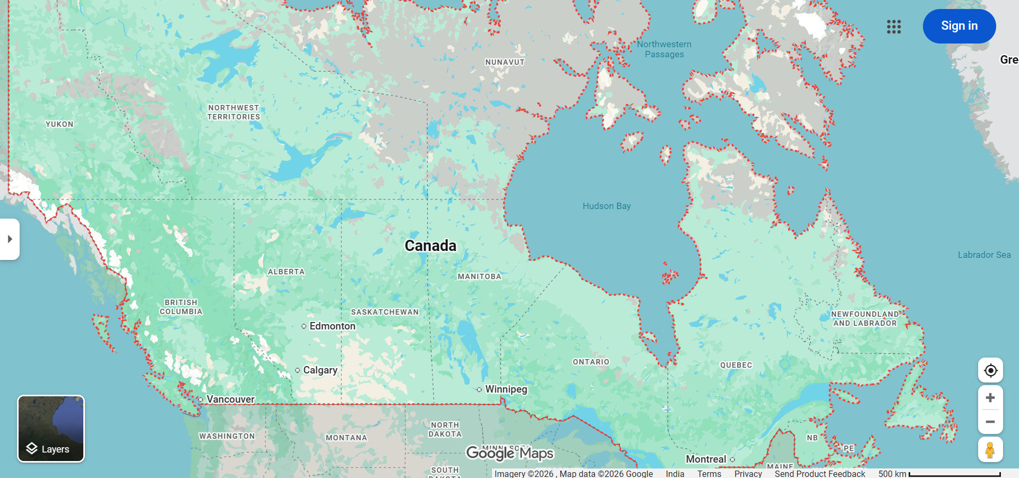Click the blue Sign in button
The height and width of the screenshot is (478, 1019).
tap(959, 26)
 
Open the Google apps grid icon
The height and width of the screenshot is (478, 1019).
tap(894, 27)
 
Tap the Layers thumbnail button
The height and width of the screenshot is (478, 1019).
tap(51, 429)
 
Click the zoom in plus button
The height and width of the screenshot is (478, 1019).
tap(990, 398)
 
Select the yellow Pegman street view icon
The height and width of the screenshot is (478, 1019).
tap(990, 450)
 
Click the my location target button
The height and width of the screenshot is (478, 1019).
tap(990, 370)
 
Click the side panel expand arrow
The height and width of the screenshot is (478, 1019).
tap(10, 239)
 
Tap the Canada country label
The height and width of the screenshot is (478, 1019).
tap(430, 246)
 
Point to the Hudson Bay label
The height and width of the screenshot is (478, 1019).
tap(607, 206)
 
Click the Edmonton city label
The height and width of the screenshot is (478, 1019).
tap(332, 326)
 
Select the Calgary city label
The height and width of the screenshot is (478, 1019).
tap(320, 370)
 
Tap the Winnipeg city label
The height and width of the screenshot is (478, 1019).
tap(506, 389)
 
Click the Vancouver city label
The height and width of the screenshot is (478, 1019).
tap(230, 399)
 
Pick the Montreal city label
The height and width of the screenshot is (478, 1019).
tap(706, 459)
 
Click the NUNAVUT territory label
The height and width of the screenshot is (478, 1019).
tap(505, 62)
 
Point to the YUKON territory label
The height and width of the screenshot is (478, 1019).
tap(59, 124)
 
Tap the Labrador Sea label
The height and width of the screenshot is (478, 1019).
tap(984, 255)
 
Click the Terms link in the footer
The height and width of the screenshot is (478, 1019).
tap(709, 473)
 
